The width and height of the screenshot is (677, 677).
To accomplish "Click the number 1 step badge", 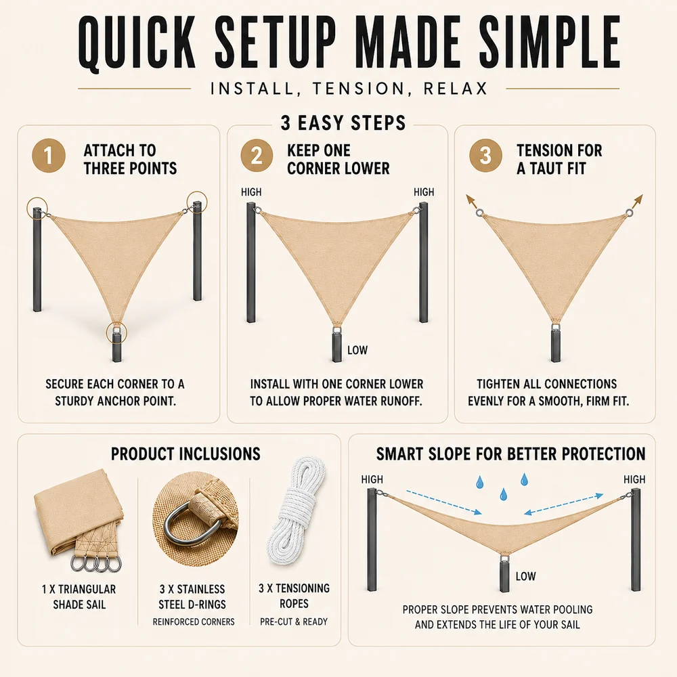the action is (x=49, y=156).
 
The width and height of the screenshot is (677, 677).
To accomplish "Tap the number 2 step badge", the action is (x=257, y=156).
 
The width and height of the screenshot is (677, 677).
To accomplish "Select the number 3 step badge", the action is (x=485, y=156).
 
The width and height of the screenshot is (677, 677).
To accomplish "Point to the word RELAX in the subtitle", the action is (x=455, y=89).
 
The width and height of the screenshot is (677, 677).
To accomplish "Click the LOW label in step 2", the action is (x=357, y=350).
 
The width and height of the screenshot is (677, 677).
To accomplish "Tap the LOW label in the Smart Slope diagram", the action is (x=525, y=576).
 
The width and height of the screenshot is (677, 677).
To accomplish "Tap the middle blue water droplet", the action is (x=503, y=494).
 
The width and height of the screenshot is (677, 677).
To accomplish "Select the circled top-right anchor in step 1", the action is (x=197, y=202).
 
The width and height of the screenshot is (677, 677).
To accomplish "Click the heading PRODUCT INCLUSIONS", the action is (x=185, y=454).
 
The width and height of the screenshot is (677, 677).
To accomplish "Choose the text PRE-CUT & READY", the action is (x=294, y=621).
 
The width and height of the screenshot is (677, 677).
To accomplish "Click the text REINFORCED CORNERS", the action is (x=194, y=621).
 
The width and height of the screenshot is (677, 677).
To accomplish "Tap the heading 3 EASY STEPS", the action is (x=343, y=123).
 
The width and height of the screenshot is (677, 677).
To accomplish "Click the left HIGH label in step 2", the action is (x=251, y=192).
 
